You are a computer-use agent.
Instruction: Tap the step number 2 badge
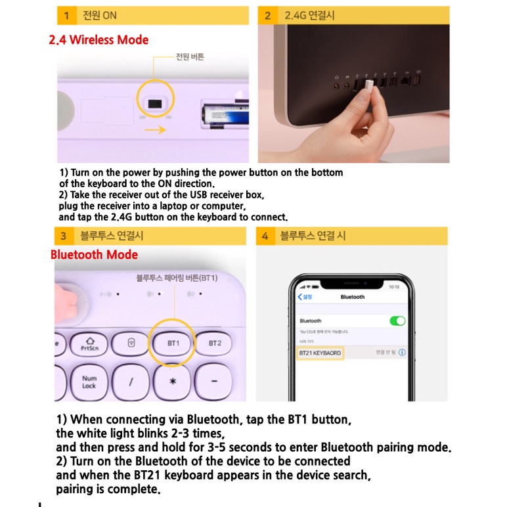coord(267,15)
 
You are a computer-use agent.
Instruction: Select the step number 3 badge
coord(64,236)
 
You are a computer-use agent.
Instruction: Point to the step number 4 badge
coord(265,236)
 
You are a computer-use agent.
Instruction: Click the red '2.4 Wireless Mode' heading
coord(99,40)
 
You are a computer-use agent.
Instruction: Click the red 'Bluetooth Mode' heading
coord(95,255)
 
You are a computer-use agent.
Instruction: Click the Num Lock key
coord(89,382)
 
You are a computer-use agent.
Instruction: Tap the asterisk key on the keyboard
coord(173,382)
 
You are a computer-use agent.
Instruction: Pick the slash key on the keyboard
coord(131,382)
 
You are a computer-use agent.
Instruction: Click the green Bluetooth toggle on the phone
coord(397,321)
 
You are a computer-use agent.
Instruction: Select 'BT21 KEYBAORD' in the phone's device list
coord(320,353)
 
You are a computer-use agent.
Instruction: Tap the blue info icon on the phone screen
coord(402,353)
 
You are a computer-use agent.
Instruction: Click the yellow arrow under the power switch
coord(155,130)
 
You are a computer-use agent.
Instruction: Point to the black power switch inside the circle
coord(156,104)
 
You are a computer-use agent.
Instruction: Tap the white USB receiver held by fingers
coord(368,86)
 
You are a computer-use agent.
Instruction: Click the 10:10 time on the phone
coord(394,287)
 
